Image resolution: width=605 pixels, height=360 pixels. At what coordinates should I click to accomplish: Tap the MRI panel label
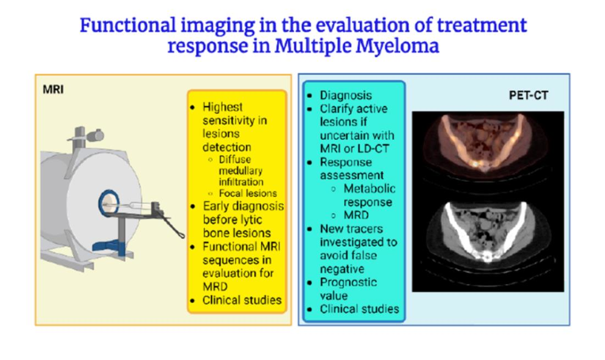tap(53, 90)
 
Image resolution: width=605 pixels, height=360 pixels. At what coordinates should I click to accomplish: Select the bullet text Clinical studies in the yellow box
tap(242, 301)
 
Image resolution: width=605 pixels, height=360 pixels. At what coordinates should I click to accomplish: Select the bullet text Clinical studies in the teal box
tap(359, 309)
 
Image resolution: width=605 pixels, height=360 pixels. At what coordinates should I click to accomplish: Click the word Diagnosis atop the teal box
tap(346, 96)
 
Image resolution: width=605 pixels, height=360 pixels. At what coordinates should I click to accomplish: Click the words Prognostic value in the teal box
tap(348, 289)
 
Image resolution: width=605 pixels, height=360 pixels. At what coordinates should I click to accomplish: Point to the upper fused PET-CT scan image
tap(488, 145)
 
